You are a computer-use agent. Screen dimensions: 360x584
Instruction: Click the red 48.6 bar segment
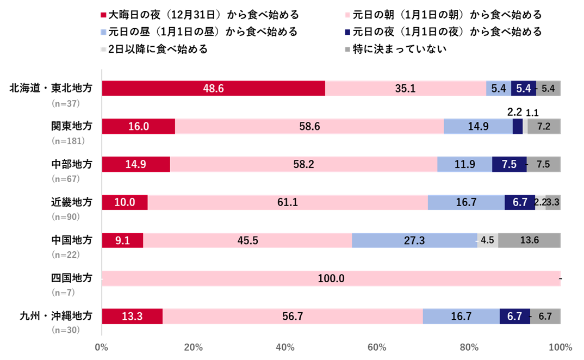point(213,89)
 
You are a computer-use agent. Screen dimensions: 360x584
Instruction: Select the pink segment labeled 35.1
point(405,89)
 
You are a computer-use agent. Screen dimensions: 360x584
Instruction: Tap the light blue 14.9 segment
point(478,126)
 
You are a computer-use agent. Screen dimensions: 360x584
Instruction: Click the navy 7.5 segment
point(509,164)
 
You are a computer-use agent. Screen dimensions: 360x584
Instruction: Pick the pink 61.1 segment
point(287,202)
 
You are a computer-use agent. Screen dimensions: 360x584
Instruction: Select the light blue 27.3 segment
point(414,240)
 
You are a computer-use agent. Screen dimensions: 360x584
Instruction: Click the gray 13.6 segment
point(529,240)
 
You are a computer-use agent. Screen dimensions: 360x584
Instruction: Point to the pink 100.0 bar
point(331,278)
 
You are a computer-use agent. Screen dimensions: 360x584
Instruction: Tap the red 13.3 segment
point(132,316)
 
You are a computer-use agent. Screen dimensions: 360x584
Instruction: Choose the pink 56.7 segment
point(293,316)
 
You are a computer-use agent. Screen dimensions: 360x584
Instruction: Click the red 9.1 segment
point(122,240)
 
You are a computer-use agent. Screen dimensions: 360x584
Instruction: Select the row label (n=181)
point(68,141)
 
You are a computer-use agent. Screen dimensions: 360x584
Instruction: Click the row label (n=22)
point(66,254)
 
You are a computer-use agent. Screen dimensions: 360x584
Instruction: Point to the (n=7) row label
point(64,292)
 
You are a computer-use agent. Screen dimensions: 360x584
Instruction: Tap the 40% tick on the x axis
point(285,347)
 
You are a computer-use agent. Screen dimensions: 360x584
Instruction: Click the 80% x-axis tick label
point(469,347)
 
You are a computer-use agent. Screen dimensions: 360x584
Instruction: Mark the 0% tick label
point(102,347)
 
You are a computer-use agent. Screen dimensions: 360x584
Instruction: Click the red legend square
point(103,15)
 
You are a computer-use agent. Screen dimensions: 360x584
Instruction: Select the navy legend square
point(347,32)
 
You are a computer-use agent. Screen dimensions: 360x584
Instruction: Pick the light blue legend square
point(103,32)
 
